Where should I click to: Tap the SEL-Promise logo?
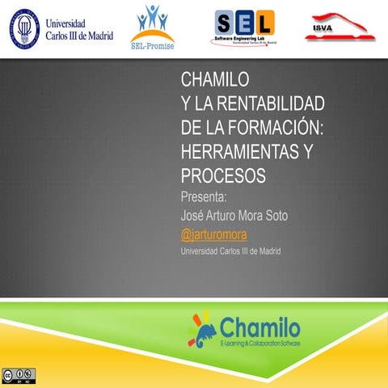point(151,26)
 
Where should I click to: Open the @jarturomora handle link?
point(213,234)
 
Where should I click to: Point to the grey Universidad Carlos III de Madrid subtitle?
point(235,251)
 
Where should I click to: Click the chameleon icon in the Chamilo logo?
point(203,327)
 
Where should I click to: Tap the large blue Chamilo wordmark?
point(259,327)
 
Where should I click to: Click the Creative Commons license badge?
point(19,375)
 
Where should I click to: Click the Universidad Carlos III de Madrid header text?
point(79,30)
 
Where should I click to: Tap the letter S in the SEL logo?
point(227,21)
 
